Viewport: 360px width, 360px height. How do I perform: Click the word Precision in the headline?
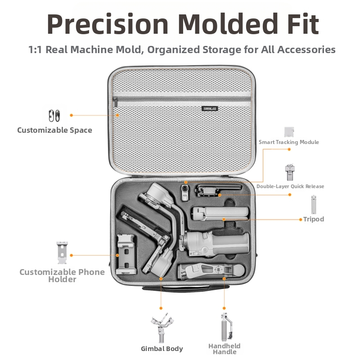(108, 24)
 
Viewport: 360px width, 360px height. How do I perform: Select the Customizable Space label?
(54, 130)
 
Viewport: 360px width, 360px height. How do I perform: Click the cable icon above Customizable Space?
(54, 116)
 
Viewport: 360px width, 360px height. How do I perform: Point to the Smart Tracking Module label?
(289, 142)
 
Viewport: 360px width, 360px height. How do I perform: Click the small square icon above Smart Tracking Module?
(289, 132)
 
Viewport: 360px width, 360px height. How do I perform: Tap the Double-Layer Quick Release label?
(290, 186)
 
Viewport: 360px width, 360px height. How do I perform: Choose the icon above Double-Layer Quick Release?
(290, 172)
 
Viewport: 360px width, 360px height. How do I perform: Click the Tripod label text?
(314, 219)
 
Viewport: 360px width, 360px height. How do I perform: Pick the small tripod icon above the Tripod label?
(314, 205)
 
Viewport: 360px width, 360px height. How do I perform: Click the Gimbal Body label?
(162, 349)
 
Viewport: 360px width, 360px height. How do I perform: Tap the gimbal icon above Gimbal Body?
(162, 328)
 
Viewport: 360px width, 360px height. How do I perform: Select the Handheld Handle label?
(224, 349)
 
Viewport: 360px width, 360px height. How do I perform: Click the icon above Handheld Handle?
(226, 327)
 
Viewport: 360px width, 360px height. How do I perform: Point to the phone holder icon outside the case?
(62, 253)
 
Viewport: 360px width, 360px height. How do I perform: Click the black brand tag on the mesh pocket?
(210, 108)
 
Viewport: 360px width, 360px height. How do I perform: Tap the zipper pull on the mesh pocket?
(115, 102)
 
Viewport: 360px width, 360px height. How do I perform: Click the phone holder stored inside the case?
(126, 254)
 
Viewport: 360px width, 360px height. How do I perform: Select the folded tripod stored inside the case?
(220, 213)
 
